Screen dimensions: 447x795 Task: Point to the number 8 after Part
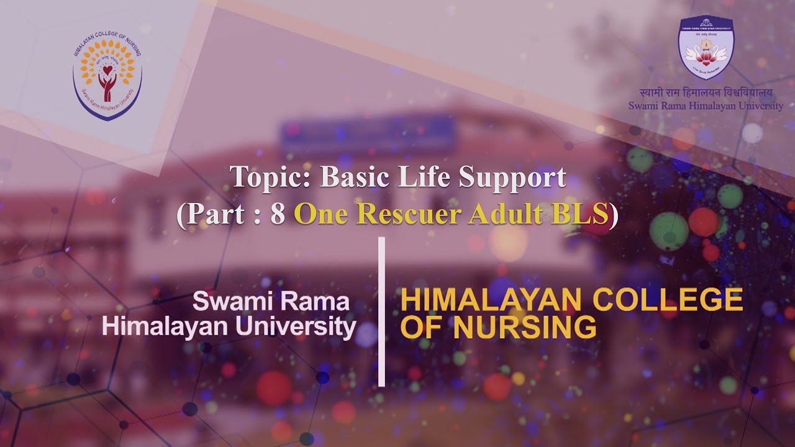pyautogui.click(x=278, y=215)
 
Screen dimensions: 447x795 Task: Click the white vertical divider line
pyautogui.click(x=381, y=310)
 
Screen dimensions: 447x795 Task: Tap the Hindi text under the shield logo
pyautogui.click(x=706, y=94)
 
